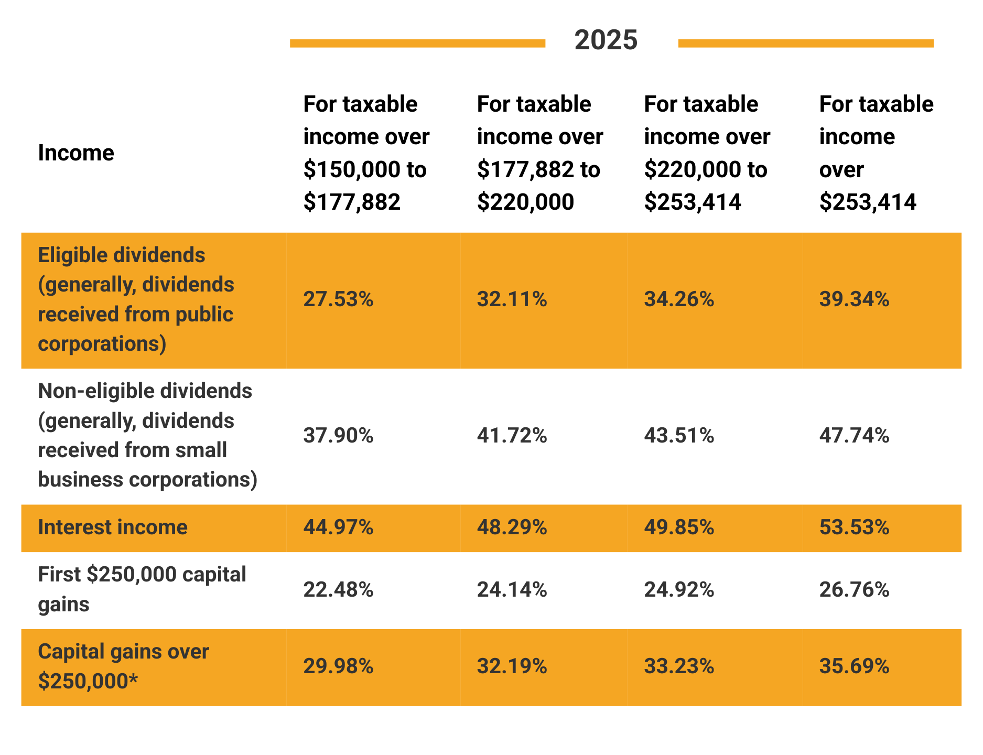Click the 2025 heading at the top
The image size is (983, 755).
click(x=606, y=40)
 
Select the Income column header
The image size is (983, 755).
click(x=76, y=153)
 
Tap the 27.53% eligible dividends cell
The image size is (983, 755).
click(x=338, y=299)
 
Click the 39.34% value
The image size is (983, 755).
click(x=854, y=299)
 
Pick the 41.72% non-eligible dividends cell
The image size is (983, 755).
click(x=512, y=436)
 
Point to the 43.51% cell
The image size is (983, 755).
click(x=679, y=436)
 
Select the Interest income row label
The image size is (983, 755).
click(x=113, y=527)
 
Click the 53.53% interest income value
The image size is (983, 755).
click(x=854, y=527)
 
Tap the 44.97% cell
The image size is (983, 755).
click(x=338, y=527)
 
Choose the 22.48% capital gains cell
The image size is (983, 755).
click(x=338, y=590)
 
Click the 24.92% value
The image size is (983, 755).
click(x=679, y=590)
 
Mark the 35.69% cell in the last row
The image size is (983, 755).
click(x=854, y=666)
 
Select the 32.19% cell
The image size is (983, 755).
click(x=512, y=666)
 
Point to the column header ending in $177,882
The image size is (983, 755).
click(x=366, y=153)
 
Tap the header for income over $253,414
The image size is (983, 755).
click(x=876, y=153)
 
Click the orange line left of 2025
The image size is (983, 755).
click(x=417, y=44)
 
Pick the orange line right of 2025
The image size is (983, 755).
click(x=805, y=44)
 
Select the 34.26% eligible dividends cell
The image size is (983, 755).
click(x=679, y=299)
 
